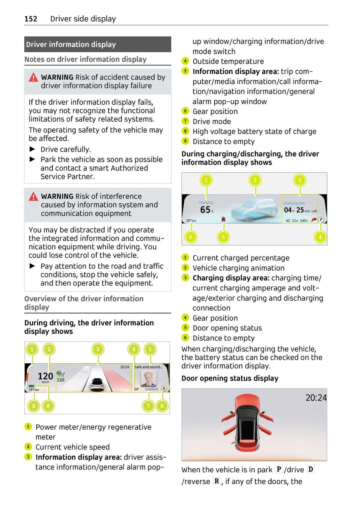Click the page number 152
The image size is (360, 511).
pos(31,19)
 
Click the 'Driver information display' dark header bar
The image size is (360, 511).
pos(97,44)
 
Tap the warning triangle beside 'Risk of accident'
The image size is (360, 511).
pos(33,78)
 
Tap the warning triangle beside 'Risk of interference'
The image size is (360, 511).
pos(33,197)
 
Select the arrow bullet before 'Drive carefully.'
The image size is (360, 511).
pos(32,149)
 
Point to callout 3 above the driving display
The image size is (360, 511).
pos(97,349)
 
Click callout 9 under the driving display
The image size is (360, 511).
pos(33,406)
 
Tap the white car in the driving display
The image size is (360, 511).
pos(97,384)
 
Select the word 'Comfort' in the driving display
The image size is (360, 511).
pos(151,389)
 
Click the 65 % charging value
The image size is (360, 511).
pos(206,210)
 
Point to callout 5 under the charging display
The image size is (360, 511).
pos(223,237)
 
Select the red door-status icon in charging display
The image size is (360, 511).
pos(223,220)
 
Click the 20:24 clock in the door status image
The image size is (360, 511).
pos(316,398)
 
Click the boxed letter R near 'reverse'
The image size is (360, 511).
pos(217,481)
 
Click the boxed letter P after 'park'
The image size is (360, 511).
pos(279,469)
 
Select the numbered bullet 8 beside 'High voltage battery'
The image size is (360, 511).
pos(185,131)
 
